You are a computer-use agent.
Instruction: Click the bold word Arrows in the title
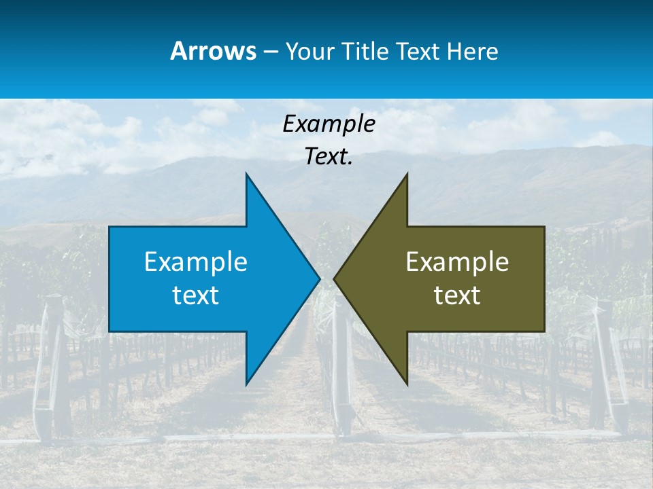(x=214, y=51)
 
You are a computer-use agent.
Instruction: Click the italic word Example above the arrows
(x=329, y=124)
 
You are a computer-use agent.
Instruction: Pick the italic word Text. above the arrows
(x=329, y=157)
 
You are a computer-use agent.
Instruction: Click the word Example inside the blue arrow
(x=196, y=261)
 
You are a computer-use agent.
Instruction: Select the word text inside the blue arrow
(x=196, y=295)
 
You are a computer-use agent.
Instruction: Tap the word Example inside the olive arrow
(x=457, y=261)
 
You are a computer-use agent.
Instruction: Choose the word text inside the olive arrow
(x=457, y=295)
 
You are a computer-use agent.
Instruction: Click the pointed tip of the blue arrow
(x=320, y=278)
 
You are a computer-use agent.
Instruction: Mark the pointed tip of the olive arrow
(x=334, y=278)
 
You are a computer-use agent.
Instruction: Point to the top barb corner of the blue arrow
(x=246, y=174)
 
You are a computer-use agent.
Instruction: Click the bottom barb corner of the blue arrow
(x=246, y=384)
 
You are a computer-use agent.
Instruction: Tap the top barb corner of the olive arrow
(x=407, y=174)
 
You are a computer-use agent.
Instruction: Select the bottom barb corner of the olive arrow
(x=407, y=384)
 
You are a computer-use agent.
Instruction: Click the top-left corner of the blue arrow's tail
(x=110, y=227)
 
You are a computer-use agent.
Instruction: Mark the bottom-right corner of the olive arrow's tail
(x=544, y=331)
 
